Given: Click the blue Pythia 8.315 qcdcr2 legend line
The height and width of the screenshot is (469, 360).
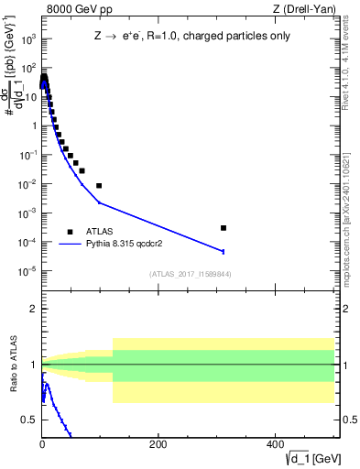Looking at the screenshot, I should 70,245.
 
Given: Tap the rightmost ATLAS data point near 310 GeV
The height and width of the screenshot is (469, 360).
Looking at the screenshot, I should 224,227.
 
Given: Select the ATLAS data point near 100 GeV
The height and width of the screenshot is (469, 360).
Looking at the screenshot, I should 99,185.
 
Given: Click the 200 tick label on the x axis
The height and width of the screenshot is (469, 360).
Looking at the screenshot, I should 158,444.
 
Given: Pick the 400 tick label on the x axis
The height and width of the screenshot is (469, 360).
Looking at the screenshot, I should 274,444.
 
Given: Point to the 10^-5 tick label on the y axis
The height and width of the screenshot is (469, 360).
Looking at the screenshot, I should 27,270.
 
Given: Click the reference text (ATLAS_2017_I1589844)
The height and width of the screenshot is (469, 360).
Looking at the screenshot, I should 191,274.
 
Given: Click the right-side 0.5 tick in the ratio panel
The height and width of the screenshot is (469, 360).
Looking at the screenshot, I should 344,420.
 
